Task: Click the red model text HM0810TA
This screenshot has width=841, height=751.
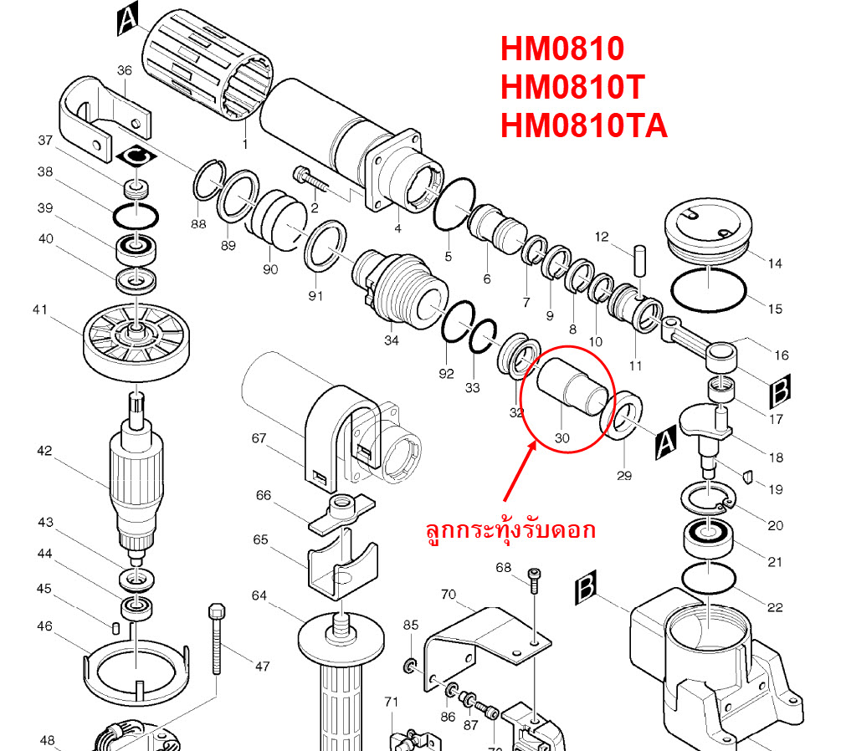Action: click(583, 127)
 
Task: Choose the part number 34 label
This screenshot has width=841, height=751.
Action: click(391, 340)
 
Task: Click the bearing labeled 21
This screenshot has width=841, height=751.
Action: click(709, 537)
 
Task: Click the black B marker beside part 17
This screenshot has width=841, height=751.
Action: click(779, 390)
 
